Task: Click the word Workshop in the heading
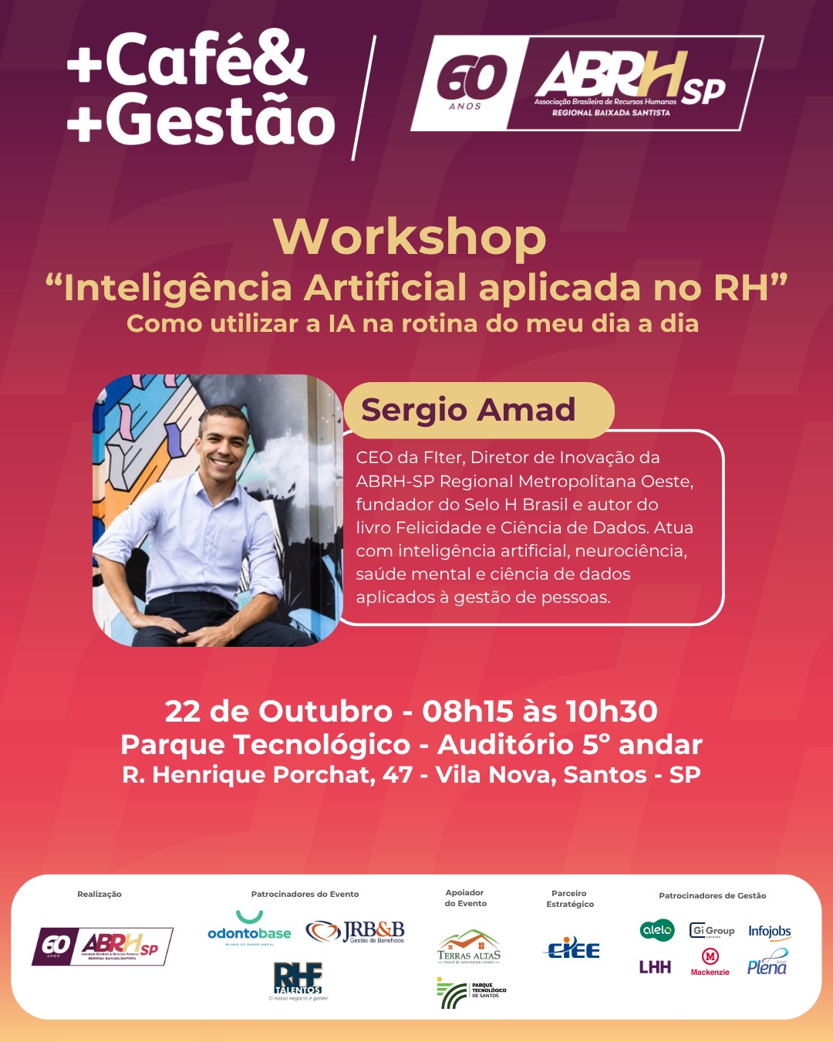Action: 410,238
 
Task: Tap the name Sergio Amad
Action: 468,410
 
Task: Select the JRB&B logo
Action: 356,932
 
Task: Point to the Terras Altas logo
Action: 469,947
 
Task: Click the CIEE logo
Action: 573,949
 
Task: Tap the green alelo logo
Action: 657,930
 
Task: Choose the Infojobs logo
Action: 769,932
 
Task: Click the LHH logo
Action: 655,967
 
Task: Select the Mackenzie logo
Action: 710,962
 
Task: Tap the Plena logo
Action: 767,964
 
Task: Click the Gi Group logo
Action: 712,931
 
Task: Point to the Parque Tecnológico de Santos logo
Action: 471,992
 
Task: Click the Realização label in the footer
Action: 99,894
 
